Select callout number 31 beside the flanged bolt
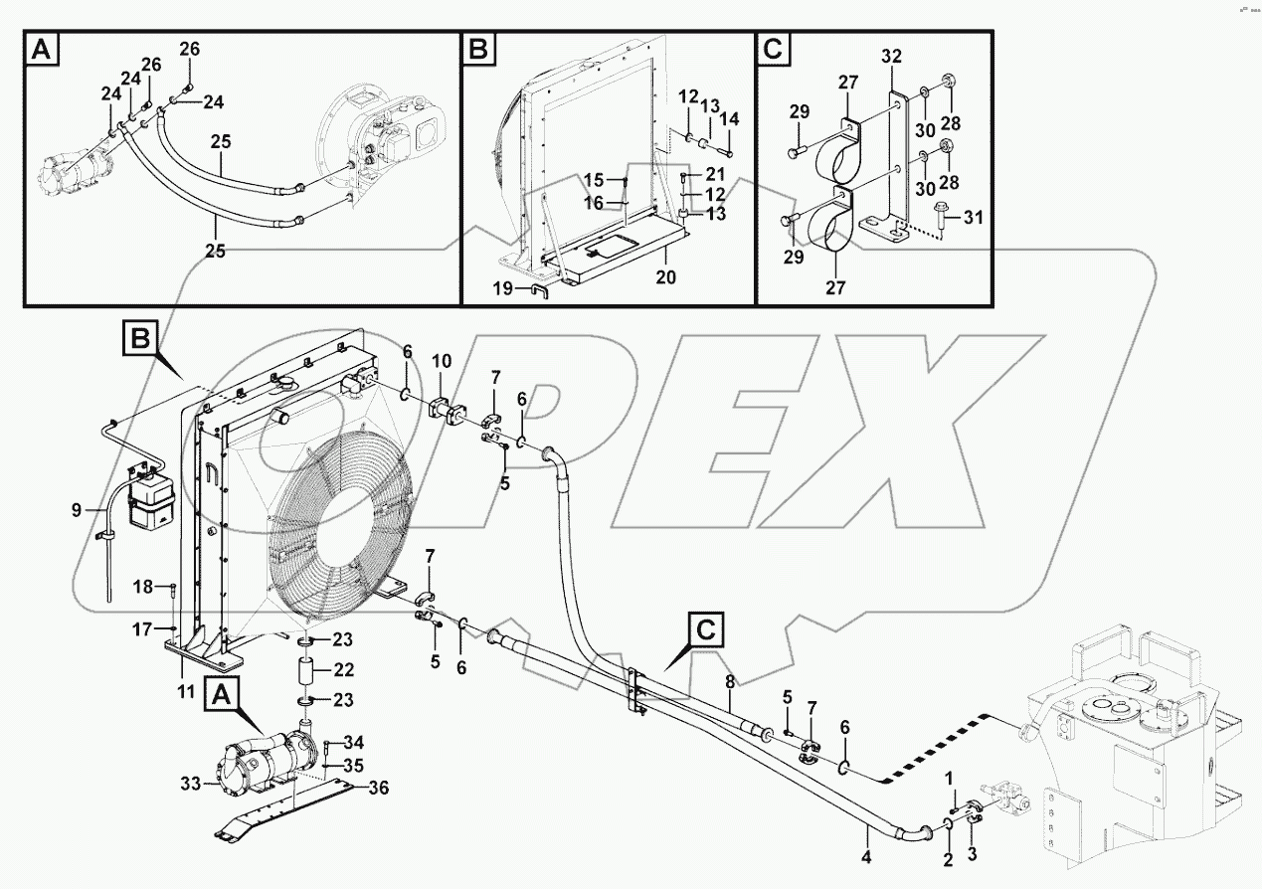pyautogui.click(x=972, y=217)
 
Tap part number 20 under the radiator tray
pyautogui.click(x=665, y=277)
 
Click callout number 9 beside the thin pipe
pyautogui.click(x=76, y=511)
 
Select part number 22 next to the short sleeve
pyautogui.click(x=343, y=669)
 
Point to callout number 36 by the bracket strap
pyautogui.click(x=379, y=789)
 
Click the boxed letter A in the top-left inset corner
pyautogui.click(x=41, y=48)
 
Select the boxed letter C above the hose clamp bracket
pyautogui.click(x=704, y=629)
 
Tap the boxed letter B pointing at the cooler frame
pyautogui.click(x=136, y=338)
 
